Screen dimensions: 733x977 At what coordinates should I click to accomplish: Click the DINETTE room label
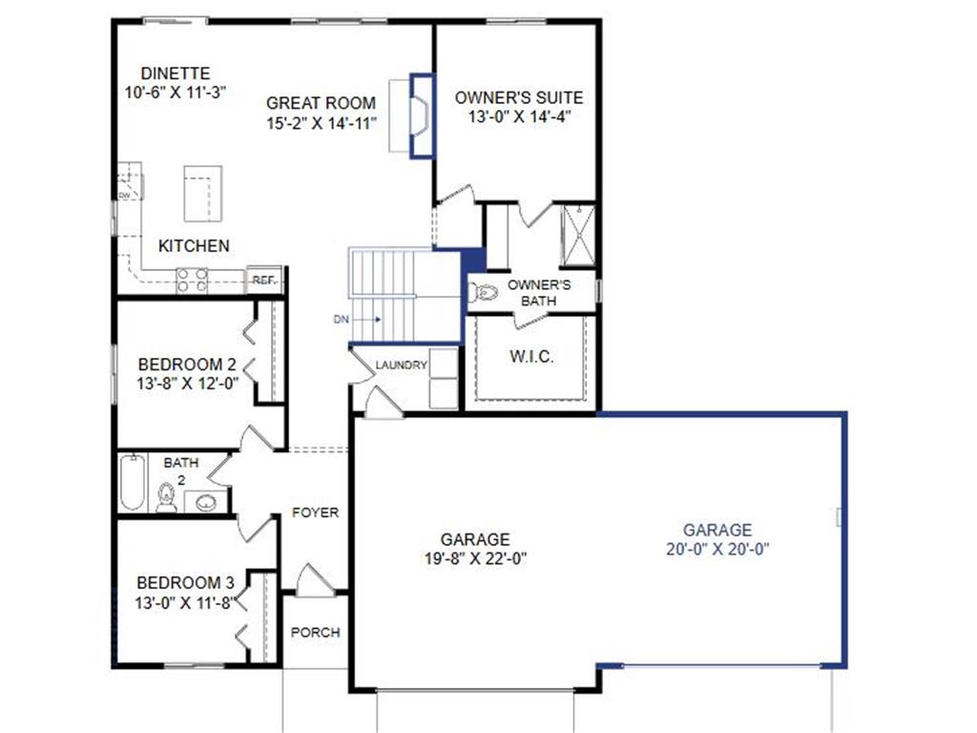point(175,73)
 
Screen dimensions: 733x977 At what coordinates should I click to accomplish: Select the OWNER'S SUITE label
point(518,97)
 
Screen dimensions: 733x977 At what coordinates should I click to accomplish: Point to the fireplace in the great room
point(416,115)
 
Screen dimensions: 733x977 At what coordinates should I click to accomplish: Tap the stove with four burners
point(192,280)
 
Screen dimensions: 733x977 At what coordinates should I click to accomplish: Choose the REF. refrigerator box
point(264,280)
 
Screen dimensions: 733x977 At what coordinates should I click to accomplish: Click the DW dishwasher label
point(124,195)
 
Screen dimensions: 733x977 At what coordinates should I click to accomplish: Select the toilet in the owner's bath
point(483,292)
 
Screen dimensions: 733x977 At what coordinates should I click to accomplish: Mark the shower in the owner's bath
point(577,235)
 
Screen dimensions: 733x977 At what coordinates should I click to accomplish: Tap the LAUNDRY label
point(401,366)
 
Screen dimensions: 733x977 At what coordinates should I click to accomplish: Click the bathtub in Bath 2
point(131,483)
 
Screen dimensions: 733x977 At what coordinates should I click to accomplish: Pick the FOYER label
point(315,513)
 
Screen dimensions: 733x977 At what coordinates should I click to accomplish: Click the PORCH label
point(315,632)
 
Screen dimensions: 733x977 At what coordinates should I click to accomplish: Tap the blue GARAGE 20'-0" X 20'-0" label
point(717,530)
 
